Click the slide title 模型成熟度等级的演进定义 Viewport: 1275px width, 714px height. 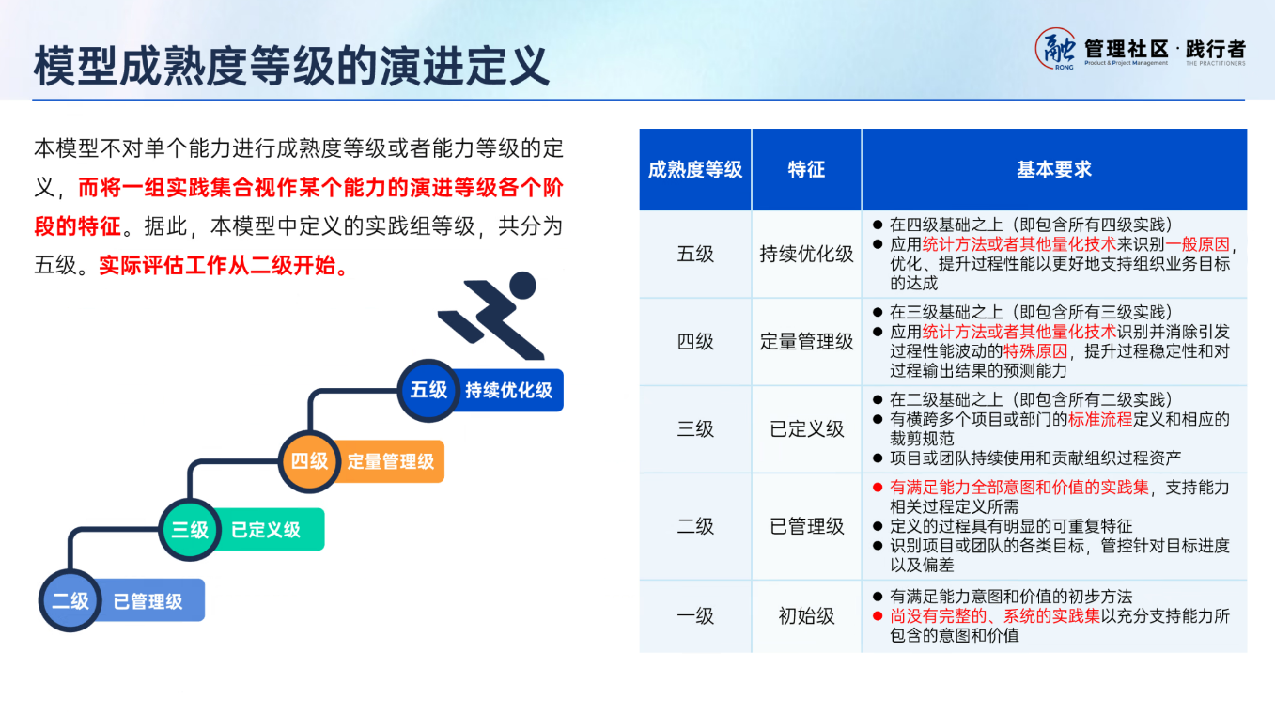291,66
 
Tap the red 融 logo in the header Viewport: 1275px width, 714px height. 1056,48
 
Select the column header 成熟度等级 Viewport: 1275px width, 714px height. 695,170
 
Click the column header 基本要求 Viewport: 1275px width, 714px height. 1053,170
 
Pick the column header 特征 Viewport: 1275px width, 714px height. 806,170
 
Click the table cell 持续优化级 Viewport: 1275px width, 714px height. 806,255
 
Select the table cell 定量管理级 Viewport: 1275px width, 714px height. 806,342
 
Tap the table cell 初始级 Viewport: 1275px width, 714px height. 806,616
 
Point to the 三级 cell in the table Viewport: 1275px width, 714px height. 695,429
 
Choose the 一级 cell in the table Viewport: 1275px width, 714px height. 695,616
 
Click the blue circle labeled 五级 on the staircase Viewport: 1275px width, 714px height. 428,389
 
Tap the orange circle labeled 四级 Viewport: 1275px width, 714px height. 309,461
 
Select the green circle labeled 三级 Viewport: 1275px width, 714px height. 189,530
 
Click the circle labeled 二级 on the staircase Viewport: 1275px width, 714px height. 70,600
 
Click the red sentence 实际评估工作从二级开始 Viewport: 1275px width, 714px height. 225,266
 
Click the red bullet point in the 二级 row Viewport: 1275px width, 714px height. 877,488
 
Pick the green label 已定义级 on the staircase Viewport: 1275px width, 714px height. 266,530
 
